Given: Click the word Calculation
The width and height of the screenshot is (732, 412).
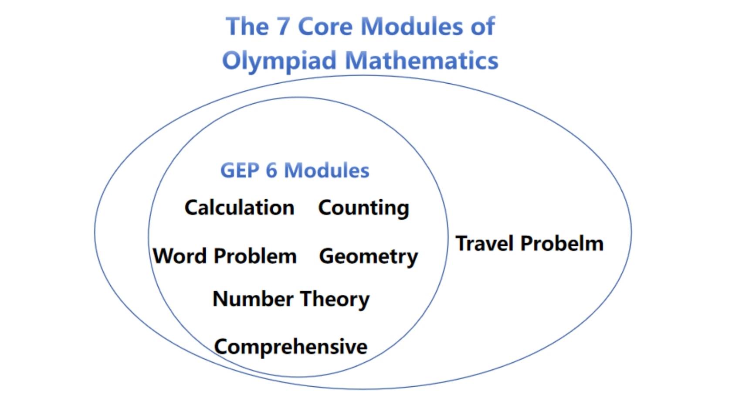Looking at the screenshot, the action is (240, 208).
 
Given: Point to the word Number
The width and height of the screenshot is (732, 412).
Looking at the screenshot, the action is (253, 299).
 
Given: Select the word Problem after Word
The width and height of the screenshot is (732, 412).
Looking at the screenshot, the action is (255, 256).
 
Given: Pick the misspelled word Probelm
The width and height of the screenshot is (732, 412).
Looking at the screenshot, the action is (562, 243).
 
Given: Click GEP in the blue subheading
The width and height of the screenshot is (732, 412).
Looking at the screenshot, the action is (240, 170).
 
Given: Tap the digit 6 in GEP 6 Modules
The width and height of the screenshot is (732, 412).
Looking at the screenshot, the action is (271, 170).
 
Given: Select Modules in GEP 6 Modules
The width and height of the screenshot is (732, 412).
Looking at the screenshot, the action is (327, 170).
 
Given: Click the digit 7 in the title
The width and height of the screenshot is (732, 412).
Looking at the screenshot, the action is (283, 27).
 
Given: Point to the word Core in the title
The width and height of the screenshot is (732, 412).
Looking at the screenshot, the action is (325, 27).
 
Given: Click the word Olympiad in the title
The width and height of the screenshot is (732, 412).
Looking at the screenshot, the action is (279, 61).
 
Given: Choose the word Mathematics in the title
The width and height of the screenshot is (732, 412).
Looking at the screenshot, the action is (422, 60).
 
